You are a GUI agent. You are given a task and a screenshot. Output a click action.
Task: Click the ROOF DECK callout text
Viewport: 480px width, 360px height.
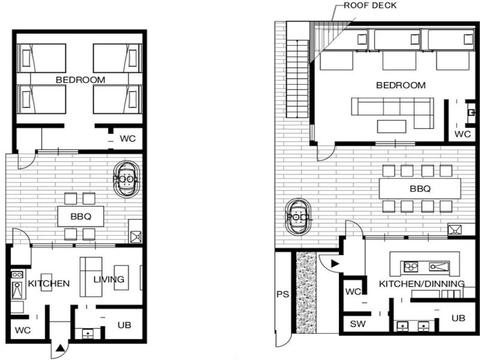coord(370,5)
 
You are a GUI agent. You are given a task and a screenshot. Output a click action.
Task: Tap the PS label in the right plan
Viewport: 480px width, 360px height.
coord(283,294)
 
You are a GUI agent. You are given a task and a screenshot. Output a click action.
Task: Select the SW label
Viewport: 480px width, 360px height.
coord(358,324)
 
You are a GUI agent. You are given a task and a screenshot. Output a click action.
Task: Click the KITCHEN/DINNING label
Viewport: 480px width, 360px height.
coord(422,284)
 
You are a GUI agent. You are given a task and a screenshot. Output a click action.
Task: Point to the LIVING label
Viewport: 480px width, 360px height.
coord(109,279)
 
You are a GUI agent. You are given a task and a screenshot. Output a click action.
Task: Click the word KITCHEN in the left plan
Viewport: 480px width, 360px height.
coord(49,283)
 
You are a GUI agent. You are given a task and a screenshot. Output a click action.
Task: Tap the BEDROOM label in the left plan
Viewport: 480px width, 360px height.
coord(80,80)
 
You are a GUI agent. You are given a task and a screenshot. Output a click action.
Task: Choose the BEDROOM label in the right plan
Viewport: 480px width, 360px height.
coord(401,85)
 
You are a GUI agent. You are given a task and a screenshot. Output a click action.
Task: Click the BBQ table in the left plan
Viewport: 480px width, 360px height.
coord(81,217)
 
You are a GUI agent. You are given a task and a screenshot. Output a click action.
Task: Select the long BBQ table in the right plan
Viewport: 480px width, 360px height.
coord(420,188)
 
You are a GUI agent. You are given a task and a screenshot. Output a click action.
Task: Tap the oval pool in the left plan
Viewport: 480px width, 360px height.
coord(127,179)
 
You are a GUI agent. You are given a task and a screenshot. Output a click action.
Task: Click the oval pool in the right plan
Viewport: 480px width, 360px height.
coord(298,217)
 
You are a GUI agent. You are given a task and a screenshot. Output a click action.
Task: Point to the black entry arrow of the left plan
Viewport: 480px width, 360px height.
coord(61,347)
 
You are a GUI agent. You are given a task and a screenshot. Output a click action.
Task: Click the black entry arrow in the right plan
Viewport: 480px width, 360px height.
coord(335,263)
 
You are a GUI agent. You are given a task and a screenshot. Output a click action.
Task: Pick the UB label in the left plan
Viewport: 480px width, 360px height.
coord(124,325)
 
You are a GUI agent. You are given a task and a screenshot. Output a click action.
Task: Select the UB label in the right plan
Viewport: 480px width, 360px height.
coord(458,319)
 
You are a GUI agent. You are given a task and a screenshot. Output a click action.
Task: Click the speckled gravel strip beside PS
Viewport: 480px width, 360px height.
coord(306,292)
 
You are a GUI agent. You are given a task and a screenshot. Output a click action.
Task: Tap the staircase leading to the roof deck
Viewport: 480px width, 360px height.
coord(298,79)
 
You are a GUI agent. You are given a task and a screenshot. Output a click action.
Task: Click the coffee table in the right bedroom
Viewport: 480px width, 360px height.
coord(392,127)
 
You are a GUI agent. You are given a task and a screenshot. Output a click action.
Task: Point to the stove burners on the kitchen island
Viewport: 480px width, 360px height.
coord(411,267)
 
